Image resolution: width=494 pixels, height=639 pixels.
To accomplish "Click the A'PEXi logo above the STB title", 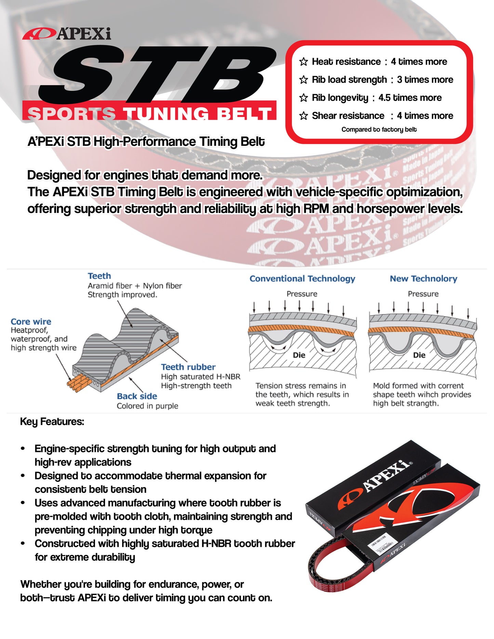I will click(x=67, y=34).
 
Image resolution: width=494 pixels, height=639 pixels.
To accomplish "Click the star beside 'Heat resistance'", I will click(x=303, y=62).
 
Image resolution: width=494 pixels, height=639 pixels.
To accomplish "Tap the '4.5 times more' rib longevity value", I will click(x=410, y=98).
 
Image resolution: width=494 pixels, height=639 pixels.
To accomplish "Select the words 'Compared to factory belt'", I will click(x=379, y=130).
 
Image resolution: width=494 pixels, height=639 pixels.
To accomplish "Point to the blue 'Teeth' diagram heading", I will click(x=99, y=276).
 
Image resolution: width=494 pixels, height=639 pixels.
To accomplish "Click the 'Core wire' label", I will click(x=31, y=322).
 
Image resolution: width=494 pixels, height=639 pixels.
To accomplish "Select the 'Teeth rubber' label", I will click(x=188, y=367).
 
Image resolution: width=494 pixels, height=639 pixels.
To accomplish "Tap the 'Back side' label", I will click(x=137, y=396).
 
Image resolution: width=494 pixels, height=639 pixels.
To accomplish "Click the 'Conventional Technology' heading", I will click(x=302, y=278).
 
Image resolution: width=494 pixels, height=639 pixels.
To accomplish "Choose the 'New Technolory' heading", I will click(x=423, y=278).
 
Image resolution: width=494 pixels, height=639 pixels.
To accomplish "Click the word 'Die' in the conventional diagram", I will click(x=299, y=355).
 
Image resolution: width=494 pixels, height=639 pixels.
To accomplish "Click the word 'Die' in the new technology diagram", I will click(x=419, y=355).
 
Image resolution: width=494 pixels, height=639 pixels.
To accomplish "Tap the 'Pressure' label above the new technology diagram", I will click(x=423, y=294).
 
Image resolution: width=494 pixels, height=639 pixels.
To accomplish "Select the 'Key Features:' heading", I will click(x=52, y=422).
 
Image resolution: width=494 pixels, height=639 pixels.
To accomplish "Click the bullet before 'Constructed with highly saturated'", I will click(x=23, y=543).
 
